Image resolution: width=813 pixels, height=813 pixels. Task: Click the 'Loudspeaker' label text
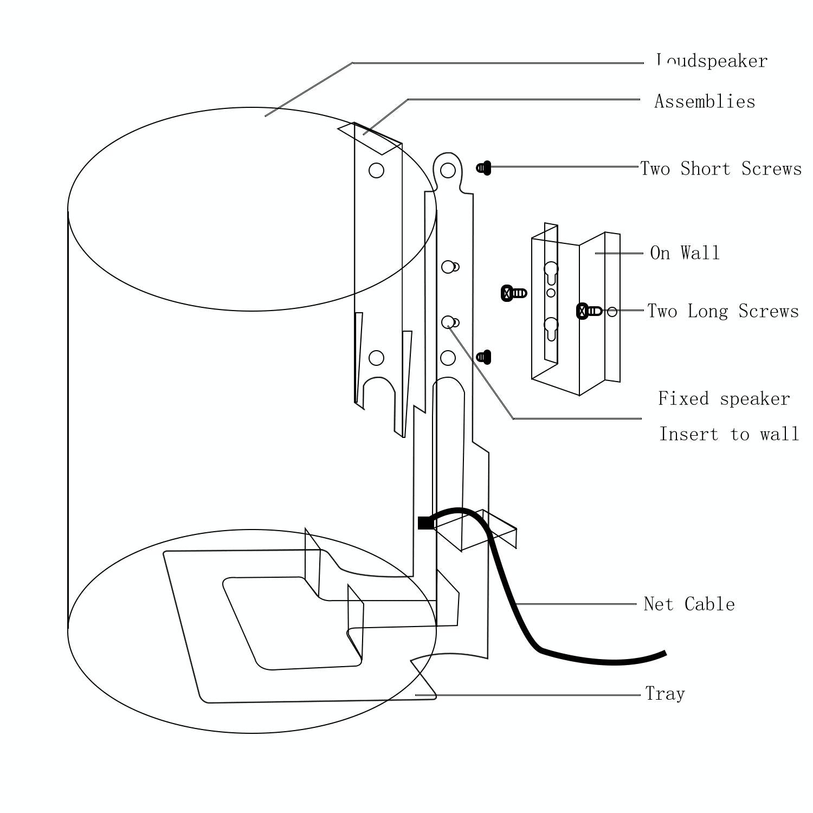coord(711,61)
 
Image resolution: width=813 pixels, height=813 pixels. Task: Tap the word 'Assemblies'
coord(705,101)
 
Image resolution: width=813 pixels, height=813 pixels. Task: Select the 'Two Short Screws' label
coord(721,169)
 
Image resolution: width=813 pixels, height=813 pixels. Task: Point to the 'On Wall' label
coord(685,253)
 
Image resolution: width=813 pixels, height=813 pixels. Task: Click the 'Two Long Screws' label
coord(723,311)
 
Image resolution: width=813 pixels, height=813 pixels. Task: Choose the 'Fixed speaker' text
coord(724,399)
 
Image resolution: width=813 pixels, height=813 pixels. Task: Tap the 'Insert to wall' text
coord(728,434)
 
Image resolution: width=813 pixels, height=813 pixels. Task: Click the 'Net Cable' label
coord(689,604)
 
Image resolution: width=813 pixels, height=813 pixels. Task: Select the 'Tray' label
coord(665,694)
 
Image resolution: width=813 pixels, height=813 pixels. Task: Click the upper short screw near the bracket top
coord(484,168)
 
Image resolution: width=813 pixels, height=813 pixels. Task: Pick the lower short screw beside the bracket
coord(484,357)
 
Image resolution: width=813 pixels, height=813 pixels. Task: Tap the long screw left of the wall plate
coord(513,293)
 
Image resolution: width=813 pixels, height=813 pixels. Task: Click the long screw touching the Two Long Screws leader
coord(589,311)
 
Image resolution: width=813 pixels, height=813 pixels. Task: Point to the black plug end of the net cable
coord(425,523)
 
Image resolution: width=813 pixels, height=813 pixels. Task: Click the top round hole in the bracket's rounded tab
coord(448,170)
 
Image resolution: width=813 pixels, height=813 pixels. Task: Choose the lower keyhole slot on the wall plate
coord(551,327)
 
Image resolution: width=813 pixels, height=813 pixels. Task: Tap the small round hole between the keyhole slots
coord(551,293)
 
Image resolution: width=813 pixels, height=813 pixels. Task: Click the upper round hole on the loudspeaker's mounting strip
coord(376,170)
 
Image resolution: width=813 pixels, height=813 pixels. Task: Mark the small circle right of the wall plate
coord(612,312)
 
